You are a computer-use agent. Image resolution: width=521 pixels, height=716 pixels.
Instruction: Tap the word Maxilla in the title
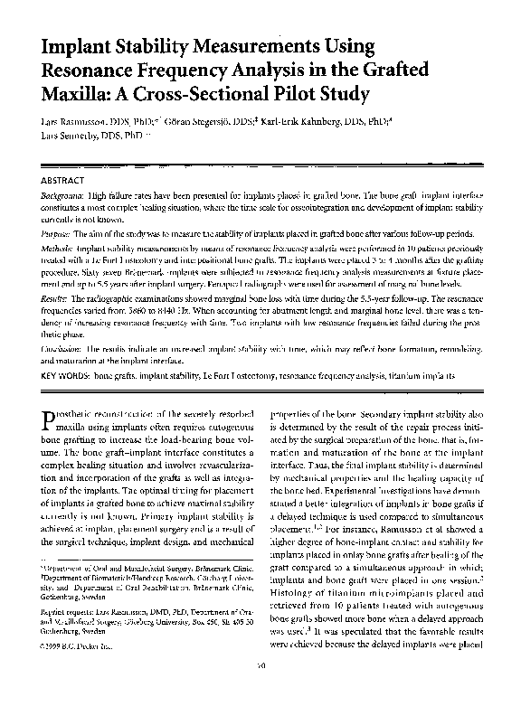(78, 91)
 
